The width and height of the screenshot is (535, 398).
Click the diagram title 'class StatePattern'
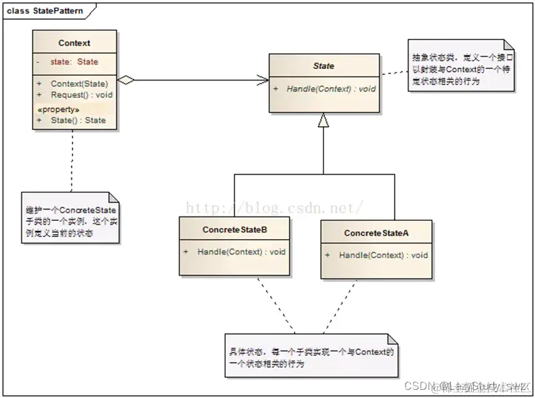[x=44, y=11]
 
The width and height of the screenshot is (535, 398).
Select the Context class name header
[x=74, y=43]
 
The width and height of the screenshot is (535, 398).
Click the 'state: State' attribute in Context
[x=74, y=62]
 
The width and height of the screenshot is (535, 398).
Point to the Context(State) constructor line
[x=79, y=83]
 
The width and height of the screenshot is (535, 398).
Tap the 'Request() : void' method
[x=81, y=94]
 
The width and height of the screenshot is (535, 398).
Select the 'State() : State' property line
[x=78, y=120]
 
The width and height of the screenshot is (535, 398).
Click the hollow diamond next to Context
[x=126, y=79]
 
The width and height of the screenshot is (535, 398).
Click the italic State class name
[x=324, y=66]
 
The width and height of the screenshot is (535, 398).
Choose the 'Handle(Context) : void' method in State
[x=331, y=89]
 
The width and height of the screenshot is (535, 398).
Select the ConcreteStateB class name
[x=235, y=230]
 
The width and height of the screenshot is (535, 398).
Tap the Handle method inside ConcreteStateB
[x=242, y=252]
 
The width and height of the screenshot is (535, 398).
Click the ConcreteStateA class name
[x=376, y=233]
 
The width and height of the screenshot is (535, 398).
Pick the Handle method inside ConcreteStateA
[x=383, y=255]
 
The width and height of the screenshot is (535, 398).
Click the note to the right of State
[x=461, y=66]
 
